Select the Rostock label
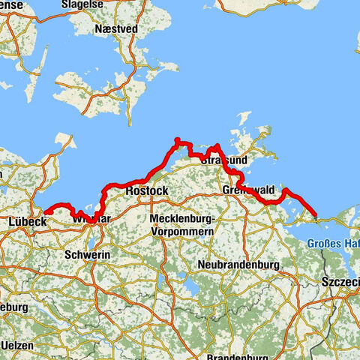(146, 191)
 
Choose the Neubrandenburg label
(239, 265)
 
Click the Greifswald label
(249, 191)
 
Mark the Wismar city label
(92, 219)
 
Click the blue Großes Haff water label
(333, 244)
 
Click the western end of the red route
(44, 212)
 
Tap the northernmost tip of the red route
(177, 139)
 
